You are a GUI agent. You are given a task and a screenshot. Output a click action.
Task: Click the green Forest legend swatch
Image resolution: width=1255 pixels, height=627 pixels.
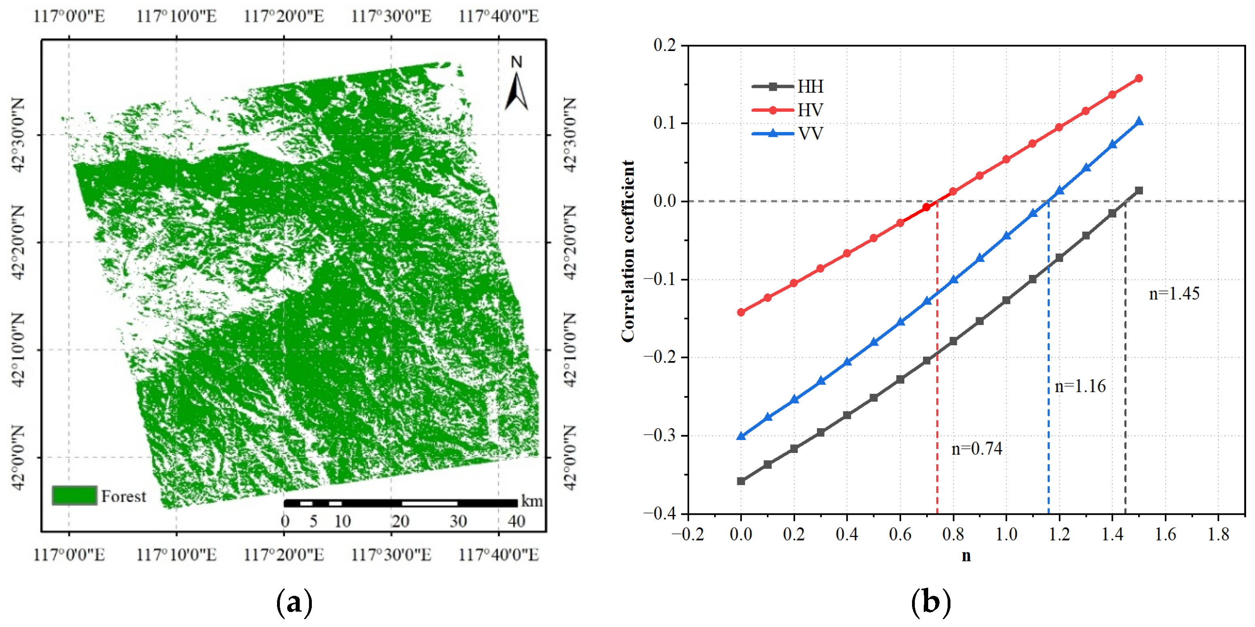[x=74, y=495]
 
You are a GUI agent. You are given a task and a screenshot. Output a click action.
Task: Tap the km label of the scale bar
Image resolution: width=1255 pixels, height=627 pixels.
[x=531, y=501]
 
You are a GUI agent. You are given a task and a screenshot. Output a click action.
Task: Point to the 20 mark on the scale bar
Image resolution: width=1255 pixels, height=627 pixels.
[x=400, y=521]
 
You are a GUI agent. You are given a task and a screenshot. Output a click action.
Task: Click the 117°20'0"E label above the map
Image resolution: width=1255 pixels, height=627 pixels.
[x=284, y=16]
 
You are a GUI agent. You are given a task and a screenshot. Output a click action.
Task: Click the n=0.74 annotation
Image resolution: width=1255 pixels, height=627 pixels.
[x=977, y=448]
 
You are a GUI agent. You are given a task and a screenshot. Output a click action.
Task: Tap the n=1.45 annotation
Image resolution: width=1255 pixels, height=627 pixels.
[x=1174, y=293]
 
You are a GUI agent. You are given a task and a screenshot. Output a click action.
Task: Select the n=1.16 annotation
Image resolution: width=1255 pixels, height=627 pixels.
[x=1080, y=386]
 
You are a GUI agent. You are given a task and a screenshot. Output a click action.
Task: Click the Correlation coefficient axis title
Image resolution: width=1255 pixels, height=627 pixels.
[x=628, y=251]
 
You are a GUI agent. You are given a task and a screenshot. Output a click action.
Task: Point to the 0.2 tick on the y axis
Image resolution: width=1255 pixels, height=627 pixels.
[x=665, y=45]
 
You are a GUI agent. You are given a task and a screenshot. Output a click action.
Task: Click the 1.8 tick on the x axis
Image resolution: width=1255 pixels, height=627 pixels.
[x=1218, y=534]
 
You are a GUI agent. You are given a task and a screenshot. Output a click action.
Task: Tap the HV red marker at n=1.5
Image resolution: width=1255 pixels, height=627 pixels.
[x=1139, y=79]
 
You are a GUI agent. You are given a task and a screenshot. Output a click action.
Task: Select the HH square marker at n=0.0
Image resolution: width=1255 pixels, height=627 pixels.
[x=741, y=481]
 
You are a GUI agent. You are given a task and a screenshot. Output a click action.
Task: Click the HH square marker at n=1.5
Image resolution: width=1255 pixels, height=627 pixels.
[x=1139, y=191]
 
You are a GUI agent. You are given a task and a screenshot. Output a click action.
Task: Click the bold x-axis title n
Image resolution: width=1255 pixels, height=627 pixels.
[x=966, y=556]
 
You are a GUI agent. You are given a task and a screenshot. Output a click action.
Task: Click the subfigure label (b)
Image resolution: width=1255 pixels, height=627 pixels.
[x=931, y=603]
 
